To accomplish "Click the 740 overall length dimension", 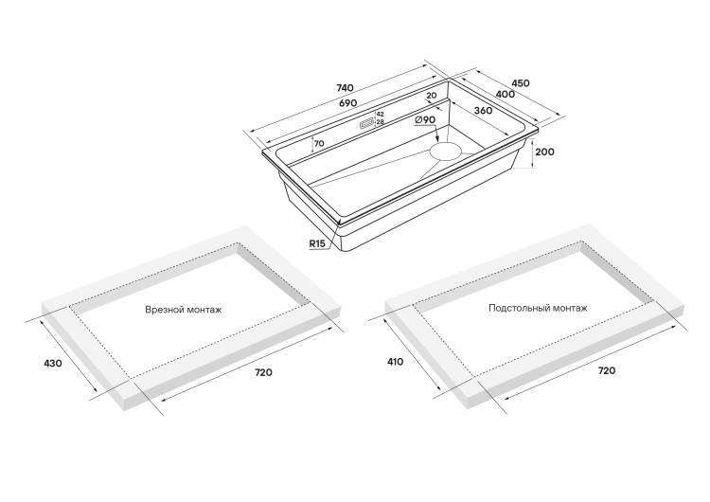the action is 345,87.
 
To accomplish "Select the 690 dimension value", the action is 348,103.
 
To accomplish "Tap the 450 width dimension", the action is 521,83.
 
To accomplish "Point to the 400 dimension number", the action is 506,94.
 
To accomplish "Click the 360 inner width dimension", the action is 484,111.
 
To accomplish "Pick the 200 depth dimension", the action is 544,152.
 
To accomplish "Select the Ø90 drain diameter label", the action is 425,119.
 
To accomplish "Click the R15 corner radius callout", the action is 317,243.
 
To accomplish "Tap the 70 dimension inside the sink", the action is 319,144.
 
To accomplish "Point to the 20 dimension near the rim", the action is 431,95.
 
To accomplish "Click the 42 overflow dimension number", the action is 380,115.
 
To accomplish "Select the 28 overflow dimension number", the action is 380,122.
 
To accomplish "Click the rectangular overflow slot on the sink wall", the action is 366,124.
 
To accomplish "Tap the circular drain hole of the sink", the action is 446,151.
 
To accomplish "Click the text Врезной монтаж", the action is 184,311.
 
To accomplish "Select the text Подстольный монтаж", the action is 538,308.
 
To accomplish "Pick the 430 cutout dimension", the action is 52,363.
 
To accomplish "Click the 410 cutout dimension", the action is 396,362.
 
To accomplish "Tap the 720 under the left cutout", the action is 264,372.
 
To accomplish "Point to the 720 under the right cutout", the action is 607,370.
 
